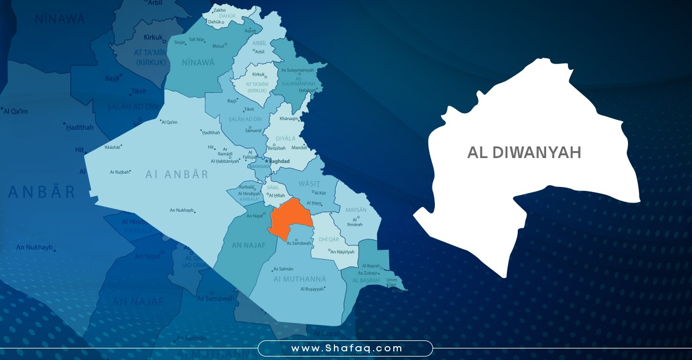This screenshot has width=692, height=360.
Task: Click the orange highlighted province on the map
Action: pos(290,220)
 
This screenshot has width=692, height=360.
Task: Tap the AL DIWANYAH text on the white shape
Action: pos(524,152)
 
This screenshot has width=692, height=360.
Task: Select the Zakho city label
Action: pos(220,10)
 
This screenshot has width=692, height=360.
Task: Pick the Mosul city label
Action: pos(218,46)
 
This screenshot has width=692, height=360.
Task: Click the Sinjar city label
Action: pos(179,42)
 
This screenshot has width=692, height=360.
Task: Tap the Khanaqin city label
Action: pos(288,118)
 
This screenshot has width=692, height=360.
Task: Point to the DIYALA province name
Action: pos(285,138)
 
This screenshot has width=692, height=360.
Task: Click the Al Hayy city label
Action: pos(314,203)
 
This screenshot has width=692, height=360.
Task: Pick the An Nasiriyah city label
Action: pos(343,252)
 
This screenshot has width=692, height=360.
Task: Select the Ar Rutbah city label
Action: pos(120,172)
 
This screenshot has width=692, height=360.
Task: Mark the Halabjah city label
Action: pos(307,91)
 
